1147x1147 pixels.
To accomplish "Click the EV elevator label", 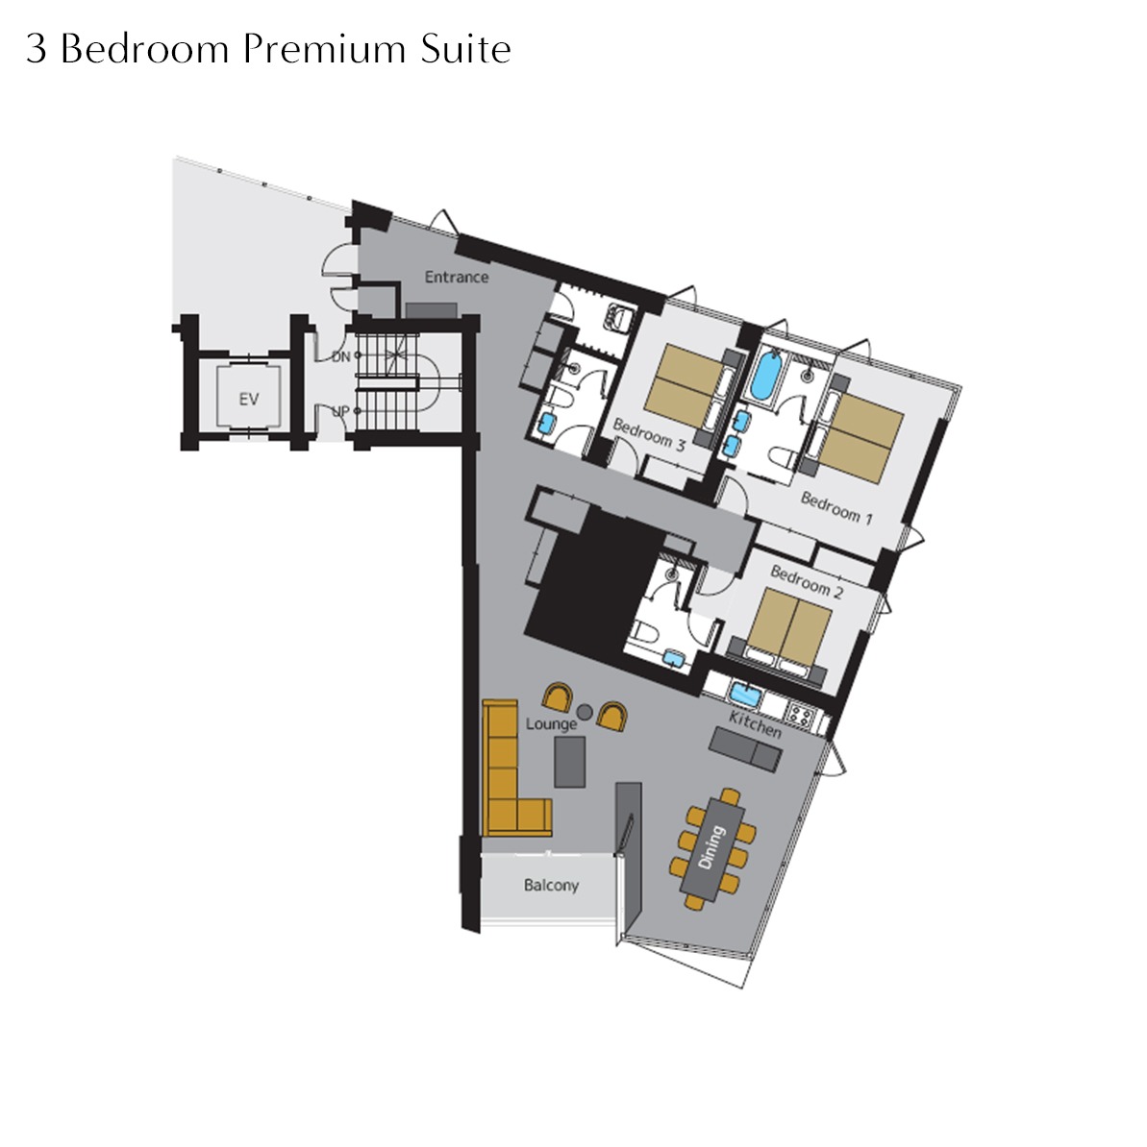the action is click(249, 400).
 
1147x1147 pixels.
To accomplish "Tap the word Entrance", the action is click(457, 278).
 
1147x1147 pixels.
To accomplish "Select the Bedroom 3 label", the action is click(649, 434).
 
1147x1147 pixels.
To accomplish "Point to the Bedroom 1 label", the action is click(836, 508).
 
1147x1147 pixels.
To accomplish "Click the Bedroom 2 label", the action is click(807, 582).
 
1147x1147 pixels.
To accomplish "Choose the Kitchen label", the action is click(756, 724).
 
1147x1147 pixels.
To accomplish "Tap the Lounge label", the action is click(551, 724).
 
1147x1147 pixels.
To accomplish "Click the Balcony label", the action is click(551, 885).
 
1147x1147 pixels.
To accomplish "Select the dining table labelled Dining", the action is click(711, 848).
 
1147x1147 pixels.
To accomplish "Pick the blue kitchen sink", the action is click(745, 695).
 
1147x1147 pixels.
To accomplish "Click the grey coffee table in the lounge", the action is click(569, 762).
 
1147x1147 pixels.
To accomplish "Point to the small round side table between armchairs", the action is click(585, 712).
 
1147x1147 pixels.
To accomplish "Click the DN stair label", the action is click(341, 357).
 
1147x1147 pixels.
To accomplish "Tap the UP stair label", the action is click(340, 412).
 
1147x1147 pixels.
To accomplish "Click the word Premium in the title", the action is click(324, 49).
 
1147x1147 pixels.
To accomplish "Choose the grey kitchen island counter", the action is click(745, 748).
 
